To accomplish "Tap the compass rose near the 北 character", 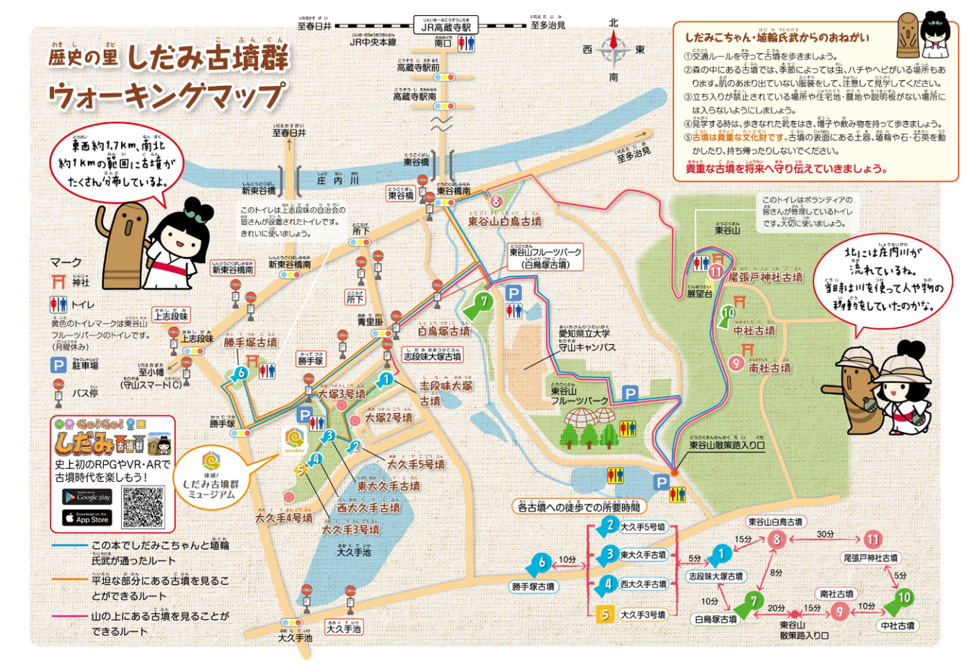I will tap(614, 51).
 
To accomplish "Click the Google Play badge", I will tap(87, 497).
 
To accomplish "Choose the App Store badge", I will tap(87, 517).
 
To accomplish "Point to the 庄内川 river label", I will tap(338, 180).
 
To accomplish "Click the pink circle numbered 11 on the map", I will tap(715, 271).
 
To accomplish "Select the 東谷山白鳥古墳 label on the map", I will tap(505, 222).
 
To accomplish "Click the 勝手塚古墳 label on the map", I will tap(250, 342).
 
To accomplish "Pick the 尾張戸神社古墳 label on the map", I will tap(765, 277).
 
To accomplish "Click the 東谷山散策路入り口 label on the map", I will tap(727, 445).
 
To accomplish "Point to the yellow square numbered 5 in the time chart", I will tap(605, 615).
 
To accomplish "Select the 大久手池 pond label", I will tap(353, 552).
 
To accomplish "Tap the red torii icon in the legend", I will tap(58, 281).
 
